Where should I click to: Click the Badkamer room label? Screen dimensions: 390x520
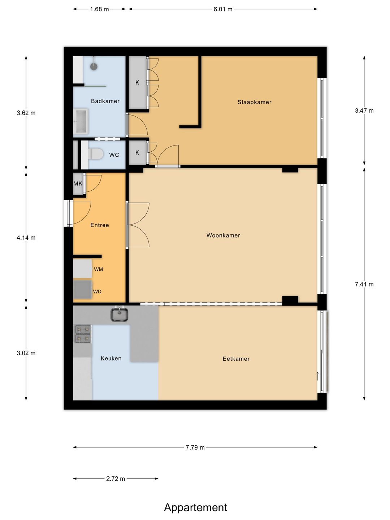(105, 101)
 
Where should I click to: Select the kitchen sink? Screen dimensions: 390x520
(119, 314)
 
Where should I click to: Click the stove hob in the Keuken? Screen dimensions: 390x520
(83, 334)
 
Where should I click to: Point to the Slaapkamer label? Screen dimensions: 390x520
(254, 102)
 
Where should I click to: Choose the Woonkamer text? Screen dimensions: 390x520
(223, 235)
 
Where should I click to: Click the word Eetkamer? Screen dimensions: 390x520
(236, 359)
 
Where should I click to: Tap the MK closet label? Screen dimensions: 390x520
(78, 183)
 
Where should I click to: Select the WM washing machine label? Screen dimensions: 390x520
(99, 269)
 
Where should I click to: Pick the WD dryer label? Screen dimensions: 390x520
(97, 292)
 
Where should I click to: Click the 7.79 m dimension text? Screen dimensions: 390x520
(195, 447)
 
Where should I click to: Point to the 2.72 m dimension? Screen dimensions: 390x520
(116, 479)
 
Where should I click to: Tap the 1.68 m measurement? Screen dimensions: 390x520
(99, 9)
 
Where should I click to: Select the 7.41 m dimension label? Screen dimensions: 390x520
(364, 284)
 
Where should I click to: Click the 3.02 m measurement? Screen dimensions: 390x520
(26, 353)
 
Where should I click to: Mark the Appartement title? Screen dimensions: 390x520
(196, 508)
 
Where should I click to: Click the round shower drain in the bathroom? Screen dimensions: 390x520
(94, 66)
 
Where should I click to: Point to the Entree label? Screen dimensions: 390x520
(100, 225)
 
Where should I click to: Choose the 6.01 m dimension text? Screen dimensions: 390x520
(223, 9)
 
